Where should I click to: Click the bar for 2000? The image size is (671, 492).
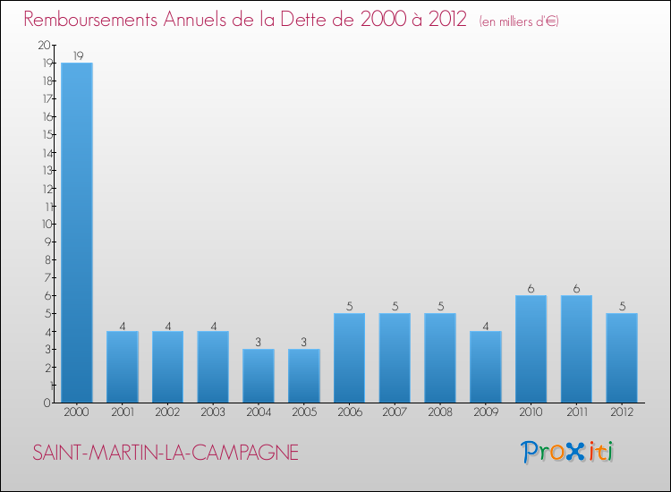tap(77, 233)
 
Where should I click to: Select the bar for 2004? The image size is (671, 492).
tap(259, 376)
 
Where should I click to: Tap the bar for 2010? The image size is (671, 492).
tap(531, 349)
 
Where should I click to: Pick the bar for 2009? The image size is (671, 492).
tap(486, 367)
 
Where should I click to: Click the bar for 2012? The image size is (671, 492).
tap(622, 358)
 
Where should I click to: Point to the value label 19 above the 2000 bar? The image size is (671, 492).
tap(77, 55)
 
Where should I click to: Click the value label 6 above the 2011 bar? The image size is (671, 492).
tap(576, 288)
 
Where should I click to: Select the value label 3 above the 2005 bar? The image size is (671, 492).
tap(304, 342)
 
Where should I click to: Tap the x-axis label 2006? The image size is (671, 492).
tap(349, 412)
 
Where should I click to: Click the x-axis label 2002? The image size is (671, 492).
tap(167, 412)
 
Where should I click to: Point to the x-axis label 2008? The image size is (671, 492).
tap(440, 412)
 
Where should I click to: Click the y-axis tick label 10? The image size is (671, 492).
tap(46, 224)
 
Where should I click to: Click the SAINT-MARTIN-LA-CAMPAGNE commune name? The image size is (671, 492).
tap(166, 453)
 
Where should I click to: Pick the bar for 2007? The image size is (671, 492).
tap(395, 358)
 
